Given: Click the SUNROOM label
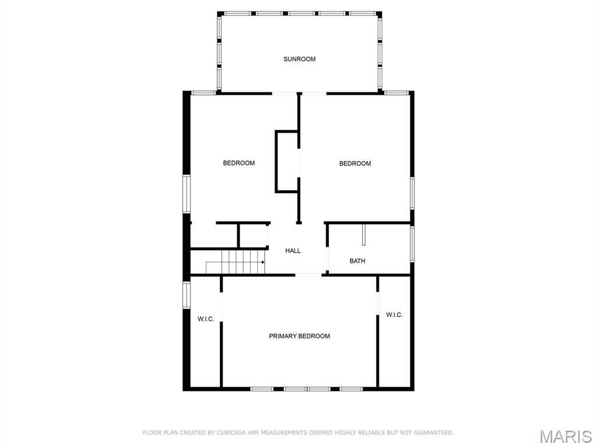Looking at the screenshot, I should click(x=299, y=59).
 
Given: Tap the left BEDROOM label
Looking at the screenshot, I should click(x=238, y=163).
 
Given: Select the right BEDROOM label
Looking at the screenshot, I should click(x=355, y=163).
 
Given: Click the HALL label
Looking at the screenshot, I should click(x=293, y=251).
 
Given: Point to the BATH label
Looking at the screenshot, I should click(x=357, y=261).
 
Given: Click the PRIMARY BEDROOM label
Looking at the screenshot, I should click(x=299, y=336).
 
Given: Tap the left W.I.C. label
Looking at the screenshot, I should click(x=206, y=319).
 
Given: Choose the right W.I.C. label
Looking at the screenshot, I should click(x=394, y=315).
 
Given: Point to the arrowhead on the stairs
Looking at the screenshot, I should click(x=263, y=262).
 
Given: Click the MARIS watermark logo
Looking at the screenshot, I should click(x=565, y=436).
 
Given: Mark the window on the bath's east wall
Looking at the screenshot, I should click(x=412, y=242).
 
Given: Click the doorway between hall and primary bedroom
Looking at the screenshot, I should click(x=308, y=275).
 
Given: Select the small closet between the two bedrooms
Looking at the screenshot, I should click(x=287, y=162).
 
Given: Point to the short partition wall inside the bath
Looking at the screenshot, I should click(x=363, y=235).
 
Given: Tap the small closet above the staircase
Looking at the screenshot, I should click(x=253, y=236).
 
